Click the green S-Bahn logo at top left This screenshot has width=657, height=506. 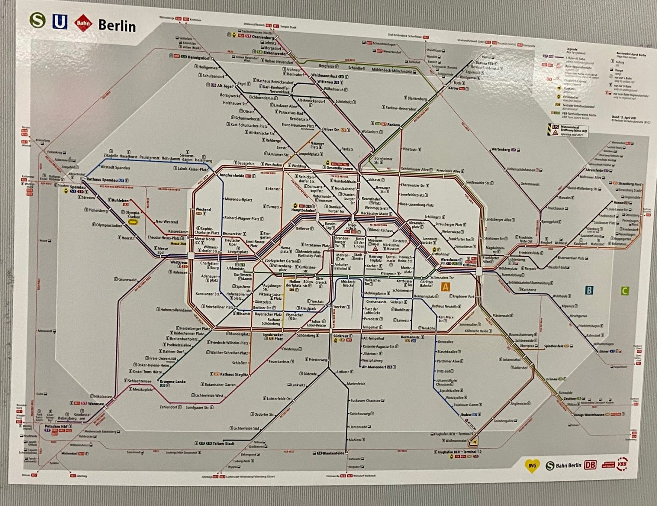(x=38, y=21)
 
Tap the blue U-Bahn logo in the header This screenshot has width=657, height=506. (x=59, y=22)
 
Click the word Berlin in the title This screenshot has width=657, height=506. (x=117, y=26)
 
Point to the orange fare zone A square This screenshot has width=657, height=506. (x=446, y=287)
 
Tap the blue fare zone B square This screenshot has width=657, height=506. (x=589, y=290)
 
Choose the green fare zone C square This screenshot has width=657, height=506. (x=624, y=291)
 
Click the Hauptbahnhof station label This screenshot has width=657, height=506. (x=303, y=210)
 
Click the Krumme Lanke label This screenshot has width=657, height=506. (x=173, y=382)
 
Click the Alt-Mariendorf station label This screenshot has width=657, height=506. (x=374, y=367)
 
